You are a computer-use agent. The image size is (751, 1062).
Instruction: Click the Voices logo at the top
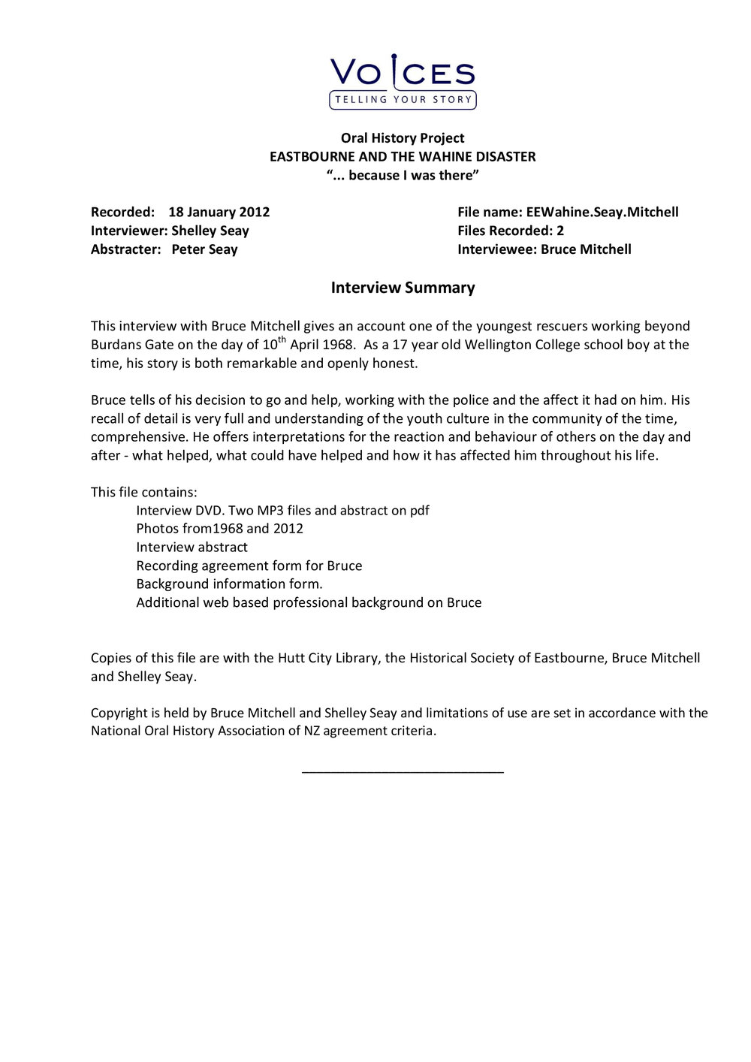pos(403,82)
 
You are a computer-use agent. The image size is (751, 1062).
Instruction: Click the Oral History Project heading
pos(403,138)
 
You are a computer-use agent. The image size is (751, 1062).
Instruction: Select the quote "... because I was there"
pos(403,176)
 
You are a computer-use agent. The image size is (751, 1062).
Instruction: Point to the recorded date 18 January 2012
pos(219,213)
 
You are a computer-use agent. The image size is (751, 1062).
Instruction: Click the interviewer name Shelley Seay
pos(210,231)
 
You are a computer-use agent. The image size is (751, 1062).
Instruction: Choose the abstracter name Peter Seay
pos(204,249)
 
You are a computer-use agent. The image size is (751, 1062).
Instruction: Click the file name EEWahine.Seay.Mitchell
pos(602,213)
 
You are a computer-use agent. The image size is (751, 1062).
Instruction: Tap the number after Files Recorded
pos(560,231)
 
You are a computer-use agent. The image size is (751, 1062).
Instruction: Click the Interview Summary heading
pos(403,288)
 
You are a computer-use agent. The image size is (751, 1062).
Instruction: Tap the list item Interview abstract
pos(192,548)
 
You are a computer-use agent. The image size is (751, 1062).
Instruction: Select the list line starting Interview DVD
pos(282,511)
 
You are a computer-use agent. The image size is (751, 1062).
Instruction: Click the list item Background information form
pos(229,584)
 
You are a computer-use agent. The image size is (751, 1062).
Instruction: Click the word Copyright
pos(119,714)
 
